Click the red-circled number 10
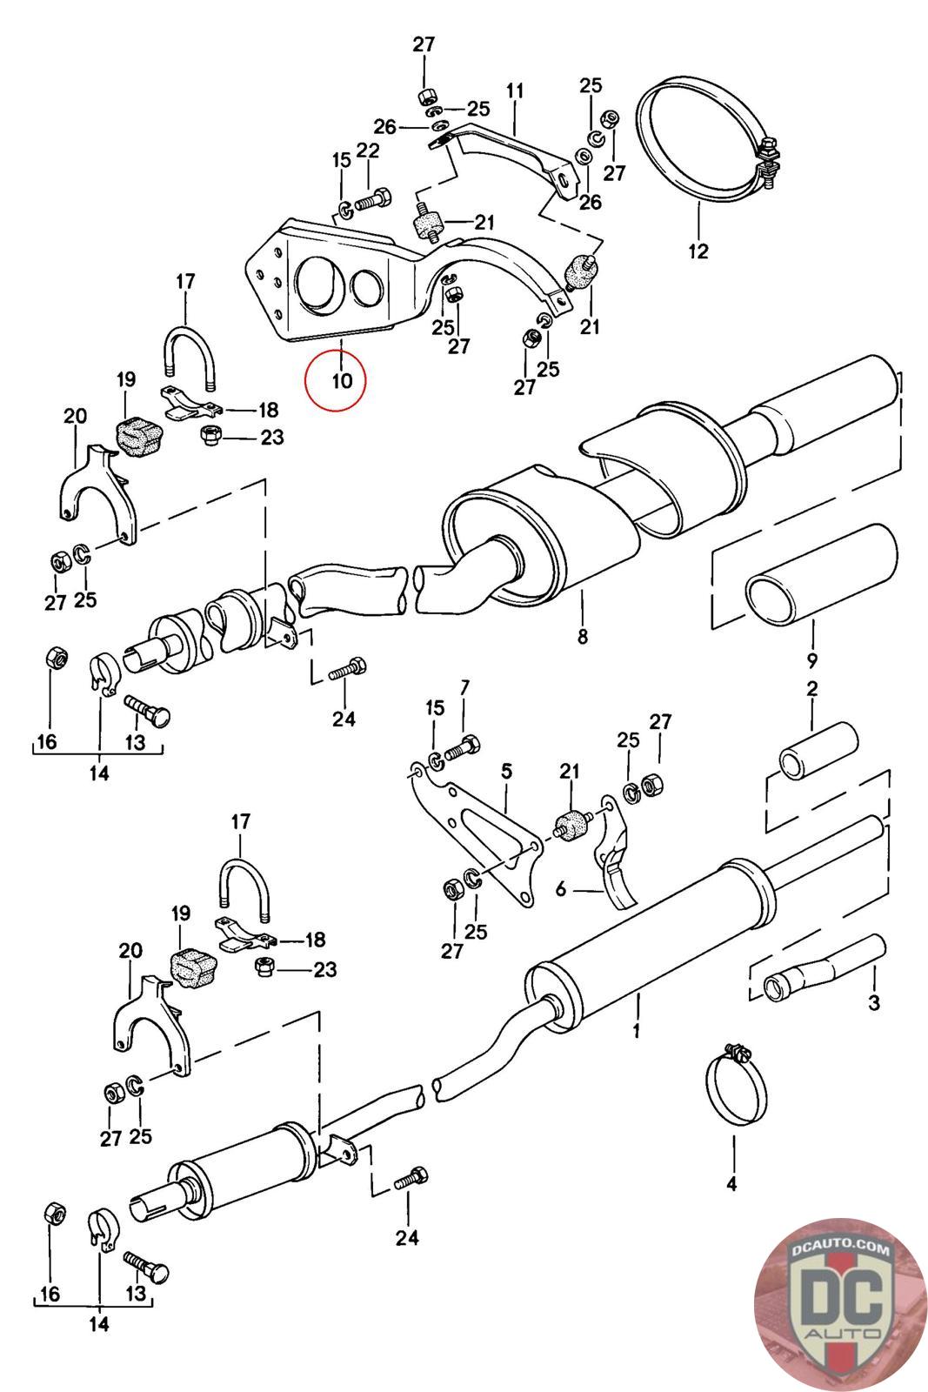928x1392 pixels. point(343,380)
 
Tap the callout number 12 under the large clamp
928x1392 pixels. point(698,251)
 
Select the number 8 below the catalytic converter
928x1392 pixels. point(582,636)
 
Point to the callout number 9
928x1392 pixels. point(811,660)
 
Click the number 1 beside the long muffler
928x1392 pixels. point(636,1031)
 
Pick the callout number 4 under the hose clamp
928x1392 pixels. point(731,1184)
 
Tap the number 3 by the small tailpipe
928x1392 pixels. point(874,1001)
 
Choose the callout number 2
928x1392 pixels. point(811,688)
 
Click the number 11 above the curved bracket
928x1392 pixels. point(515,90)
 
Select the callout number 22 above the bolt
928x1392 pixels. point(368,151)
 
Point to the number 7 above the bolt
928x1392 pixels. point(464,687)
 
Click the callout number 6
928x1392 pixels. point(561,889)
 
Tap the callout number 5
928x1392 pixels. point(507,771)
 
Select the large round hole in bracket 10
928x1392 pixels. point(318,284)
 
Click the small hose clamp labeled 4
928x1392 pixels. point(736,1082)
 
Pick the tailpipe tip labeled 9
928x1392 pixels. point(821,574)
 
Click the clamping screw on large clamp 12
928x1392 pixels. point(768,164)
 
